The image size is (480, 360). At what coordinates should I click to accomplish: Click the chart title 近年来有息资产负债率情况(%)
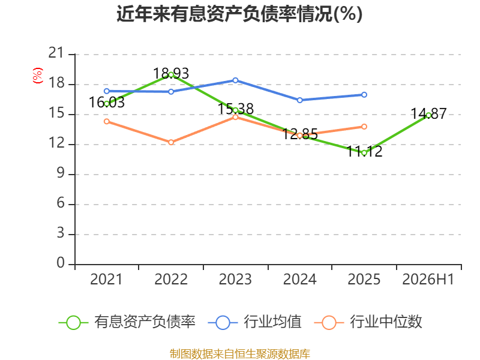pos(239,14)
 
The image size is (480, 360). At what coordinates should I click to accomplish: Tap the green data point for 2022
pos(171,75)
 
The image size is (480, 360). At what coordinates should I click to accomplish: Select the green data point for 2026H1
pos(428,115)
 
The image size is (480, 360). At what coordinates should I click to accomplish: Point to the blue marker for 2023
pos(235,80)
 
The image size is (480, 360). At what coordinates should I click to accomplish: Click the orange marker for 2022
pos(171,142)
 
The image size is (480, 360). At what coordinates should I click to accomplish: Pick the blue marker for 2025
pos(364,95)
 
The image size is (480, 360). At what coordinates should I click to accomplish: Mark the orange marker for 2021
pos(107,122)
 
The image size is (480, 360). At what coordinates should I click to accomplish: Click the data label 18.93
pos(171,73)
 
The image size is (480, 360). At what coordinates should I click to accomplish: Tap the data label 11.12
pos(364,151)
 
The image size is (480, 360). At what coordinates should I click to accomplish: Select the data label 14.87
pos(428,113)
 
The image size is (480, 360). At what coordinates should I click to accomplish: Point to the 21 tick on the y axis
pos(56,53)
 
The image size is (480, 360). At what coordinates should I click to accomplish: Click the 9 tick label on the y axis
pos(61,173)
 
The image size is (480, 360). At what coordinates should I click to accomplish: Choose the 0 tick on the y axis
pos(61,263)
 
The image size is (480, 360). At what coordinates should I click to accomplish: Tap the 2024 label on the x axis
pos(299,279)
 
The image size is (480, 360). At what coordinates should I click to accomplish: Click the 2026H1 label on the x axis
pos(428,279)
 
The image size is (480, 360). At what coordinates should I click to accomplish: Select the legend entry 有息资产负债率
pos(127,322)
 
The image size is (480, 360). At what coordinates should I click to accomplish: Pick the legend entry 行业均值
pos(254,322)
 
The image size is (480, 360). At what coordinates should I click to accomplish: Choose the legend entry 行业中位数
pos(368,322)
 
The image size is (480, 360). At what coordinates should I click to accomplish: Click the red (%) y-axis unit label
pos(38,76)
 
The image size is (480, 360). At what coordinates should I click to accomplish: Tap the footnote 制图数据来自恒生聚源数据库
pos(240,353)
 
